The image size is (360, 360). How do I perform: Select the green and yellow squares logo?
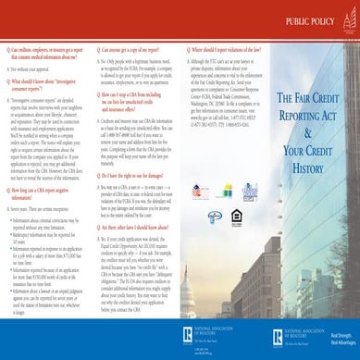[x=226, y=191]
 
